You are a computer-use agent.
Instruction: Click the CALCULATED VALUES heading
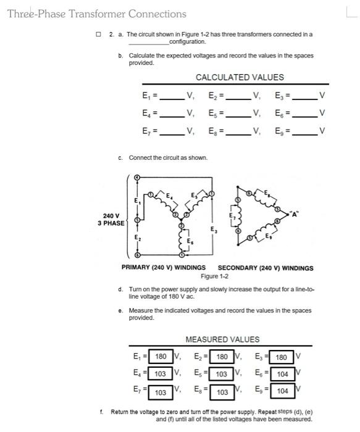coord(240,77)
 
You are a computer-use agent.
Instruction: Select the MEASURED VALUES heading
coord(222,339)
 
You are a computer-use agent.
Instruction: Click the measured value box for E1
coord(161,356)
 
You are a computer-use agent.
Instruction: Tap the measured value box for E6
coord(282,374)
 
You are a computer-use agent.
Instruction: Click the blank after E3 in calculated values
coord(305,97)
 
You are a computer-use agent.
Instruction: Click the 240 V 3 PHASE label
coord(111,220)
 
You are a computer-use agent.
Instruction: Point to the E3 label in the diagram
coord(214,230)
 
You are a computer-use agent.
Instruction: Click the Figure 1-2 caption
coord(215,276)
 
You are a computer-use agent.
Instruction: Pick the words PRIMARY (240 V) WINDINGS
coord(163,268)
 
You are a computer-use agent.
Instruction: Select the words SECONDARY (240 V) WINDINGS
coord(266,268)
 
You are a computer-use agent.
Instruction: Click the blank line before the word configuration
coord(148,42)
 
